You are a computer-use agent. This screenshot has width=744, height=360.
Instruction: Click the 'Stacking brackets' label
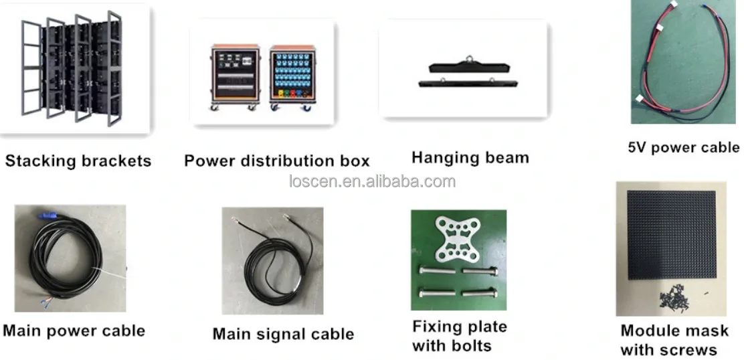[78, 161]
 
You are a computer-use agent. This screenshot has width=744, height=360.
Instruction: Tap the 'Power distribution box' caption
[276, 161]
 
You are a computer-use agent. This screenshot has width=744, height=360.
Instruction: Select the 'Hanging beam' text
[470, 159]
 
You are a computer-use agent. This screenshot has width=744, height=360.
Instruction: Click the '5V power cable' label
[683, 148]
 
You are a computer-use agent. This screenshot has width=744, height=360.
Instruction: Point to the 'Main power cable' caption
[74, 331]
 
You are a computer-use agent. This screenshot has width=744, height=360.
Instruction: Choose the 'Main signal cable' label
[283, 333]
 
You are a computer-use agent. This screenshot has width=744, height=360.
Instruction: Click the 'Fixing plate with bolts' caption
[460, 337]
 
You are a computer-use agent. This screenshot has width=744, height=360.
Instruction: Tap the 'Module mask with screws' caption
[674, 340]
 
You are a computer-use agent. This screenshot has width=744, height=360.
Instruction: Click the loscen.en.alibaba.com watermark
[372, 181]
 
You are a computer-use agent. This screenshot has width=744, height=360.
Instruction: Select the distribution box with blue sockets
[292, 76]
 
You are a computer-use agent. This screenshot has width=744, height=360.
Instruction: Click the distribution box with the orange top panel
[235, 76]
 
